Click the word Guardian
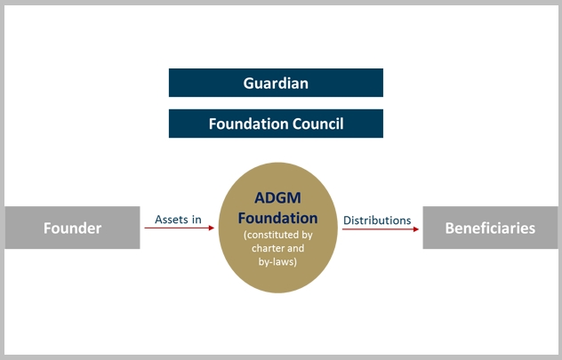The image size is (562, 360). [x=276, y=84]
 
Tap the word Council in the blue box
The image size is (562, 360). [x=318, y=124]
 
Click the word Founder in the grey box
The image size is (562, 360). [x=72, y=228]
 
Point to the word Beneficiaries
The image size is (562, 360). [x=490, y=228]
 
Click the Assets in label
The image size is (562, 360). [x=178, y=220]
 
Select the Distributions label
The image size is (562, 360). [x=377, y=220]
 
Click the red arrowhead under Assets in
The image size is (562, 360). [x=212, y=228]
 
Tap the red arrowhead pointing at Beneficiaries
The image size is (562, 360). [x=416, y=229]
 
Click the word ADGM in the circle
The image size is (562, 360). [x=277, y=198]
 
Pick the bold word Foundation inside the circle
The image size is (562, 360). [x=277, y=218]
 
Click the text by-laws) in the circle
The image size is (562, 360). [x=277, y=262]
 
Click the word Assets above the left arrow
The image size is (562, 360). [x=172, y=220]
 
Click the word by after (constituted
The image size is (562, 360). [x=307, y=236]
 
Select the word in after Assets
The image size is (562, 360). [x=197, y=220]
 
